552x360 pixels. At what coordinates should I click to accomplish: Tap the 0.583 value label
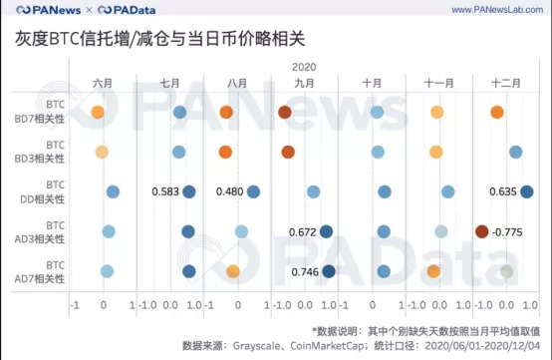click(x=165, y=191)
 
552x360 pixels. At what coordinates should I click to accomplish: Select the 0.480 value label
click(x=230, y=191)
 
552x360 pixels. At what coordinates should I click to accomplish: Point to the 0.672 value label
click(x=302, y=231)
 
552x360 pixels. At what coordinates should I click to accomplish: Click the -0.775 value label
click(x=509, y=231)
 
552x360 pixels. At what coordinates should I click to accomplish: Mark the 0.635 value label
click(x=504, y=191)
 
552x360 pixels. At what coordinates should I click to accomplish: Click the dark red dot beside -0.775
click(x=482, y=231)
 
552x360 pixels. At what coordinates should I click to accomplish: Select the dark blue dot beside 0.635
click(x=527, y=191)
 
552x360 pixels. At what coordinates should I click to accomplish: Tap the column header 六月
click(x=103, y=83)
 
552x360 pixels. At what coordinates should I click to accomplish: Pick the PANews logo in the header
click(x=40, y=11)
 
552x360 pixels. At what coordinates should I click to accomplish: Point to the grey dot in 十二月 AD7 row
click(x=507, y=271)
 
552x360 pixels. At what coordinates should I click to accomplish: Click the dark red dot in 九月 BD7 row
click(x=285, y=113)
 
